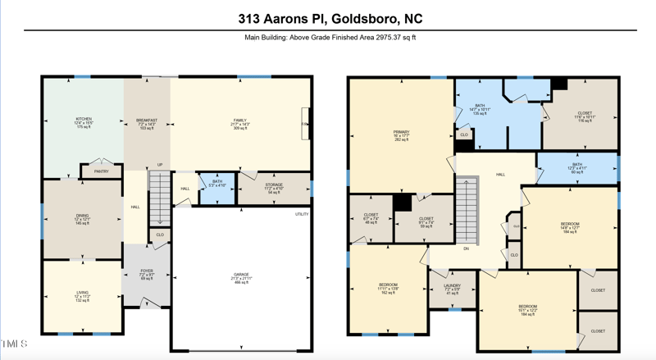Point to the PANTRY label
pos(101,171)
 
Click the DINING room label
pos(83,219)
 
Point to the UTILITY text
pos(302,214)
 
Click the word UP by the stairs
pos(160,165)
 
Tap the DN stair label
pos(466,248)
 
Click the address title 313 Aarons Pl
pos(330,18)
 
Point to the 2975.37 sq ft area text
pos(330,38)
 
